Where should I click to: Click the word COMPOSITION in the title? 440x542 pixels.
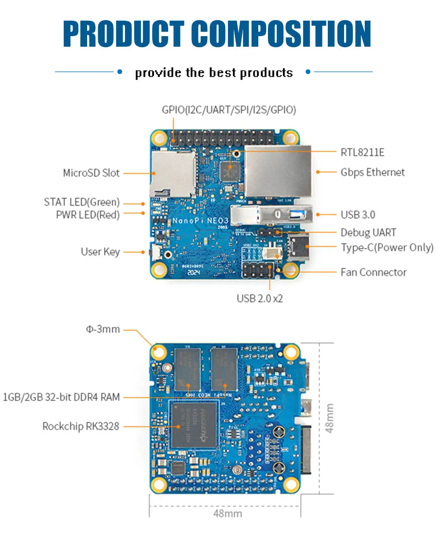coord(282,33)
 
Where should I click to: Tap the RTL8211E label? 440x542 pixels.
coord(362,152)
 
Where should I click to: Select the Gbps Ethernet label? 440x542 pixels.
coord(372,172)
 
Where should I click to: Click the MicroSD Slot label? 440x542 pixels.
coord(91,173)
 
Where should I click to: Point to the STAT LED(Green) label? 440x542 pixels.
coord(82,202)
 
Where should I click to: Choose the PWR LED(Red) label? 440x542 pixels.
coord(88,215)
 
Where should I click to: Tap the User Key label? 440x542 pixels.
coord(100,252)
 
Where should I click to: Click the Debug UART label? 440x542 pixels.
coord(368,232)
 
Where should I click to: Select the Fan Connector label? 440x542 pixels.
coord(373,272)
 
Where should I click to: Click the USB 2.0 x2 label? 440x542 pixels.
coord(260,299)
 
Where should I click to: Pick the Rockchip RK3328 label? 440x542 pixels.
coord(81,427)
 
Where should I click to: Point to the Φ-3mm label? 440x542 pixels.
coord(103,329)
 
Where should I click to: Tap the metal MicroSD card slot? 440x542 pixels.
coord(173,174)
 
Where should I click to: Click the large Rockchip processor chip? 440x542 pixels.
coord(194,425)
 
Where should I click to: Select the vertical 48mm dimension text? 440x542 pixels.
coord(330,418)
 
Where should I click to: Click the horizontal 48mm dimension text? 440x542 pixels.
coord(227,514)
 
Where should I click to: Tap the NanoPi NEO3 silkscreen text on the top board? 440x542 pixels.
coord(200,220)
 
